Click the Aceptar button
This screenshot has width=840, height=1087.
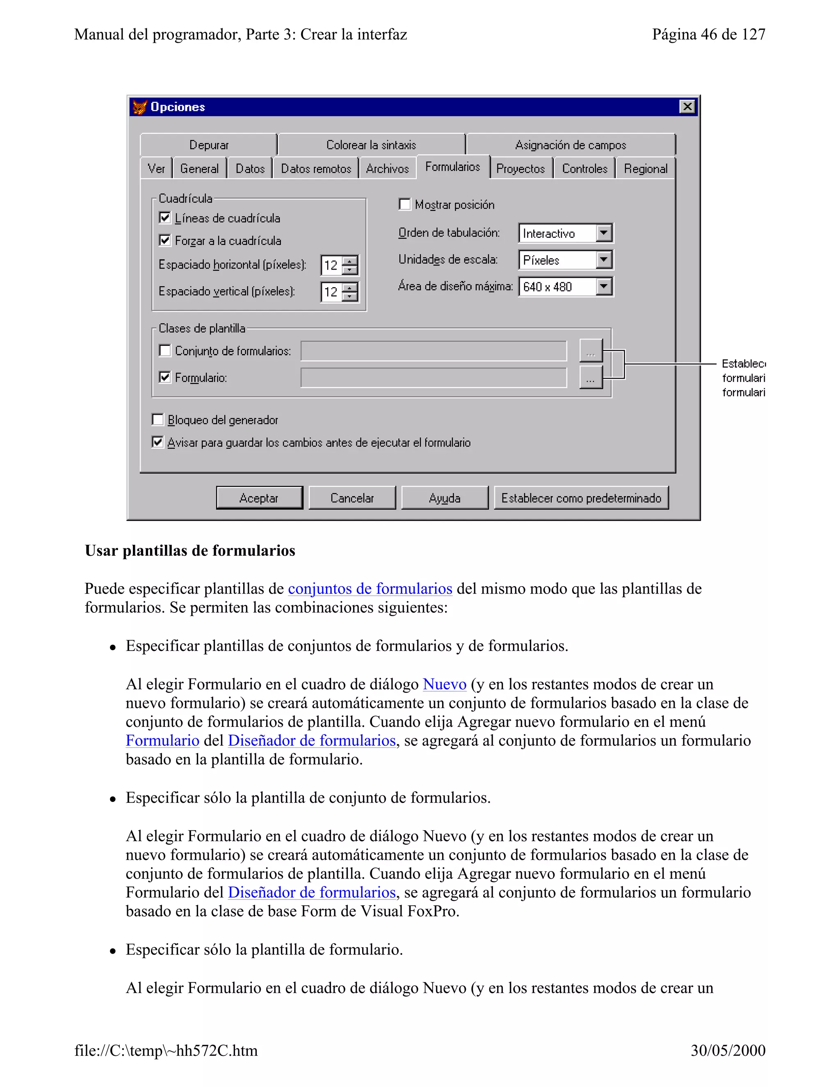[259, 498]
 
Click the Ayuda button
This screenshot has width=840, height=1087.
[444, 498]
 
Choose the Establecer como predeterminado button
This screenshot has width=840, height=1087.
[581, 498]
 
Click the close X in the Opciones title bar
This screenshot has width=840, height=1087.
[687, 107]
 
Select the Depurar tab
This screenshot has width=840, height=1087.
[208, 145]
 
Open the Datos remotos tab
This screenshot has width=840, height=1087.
[315, 169]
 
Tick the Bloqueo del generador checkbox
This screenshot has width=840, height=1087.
[158, 420]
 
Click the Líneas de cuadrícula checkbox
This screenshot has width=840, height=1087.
[165, 218]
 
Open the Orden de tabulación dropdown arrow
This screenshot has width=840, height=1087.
[604, 233]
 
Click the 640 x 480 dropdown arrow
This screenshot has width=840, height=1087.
[604, 287]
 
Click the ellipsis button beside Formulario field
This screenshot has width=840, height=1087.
[591, 378]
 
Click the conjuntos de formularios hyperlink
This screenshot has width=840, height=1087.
[370, 588]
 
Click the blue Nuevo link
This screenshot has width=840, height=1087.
[444, 684]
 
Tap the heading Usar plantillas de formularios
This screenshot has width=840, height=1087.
[189, 550]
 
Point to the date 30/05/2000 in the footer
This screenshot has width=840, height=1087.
[728, 1050]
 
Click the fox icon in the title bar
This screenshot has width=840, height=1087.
[140, 107]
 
